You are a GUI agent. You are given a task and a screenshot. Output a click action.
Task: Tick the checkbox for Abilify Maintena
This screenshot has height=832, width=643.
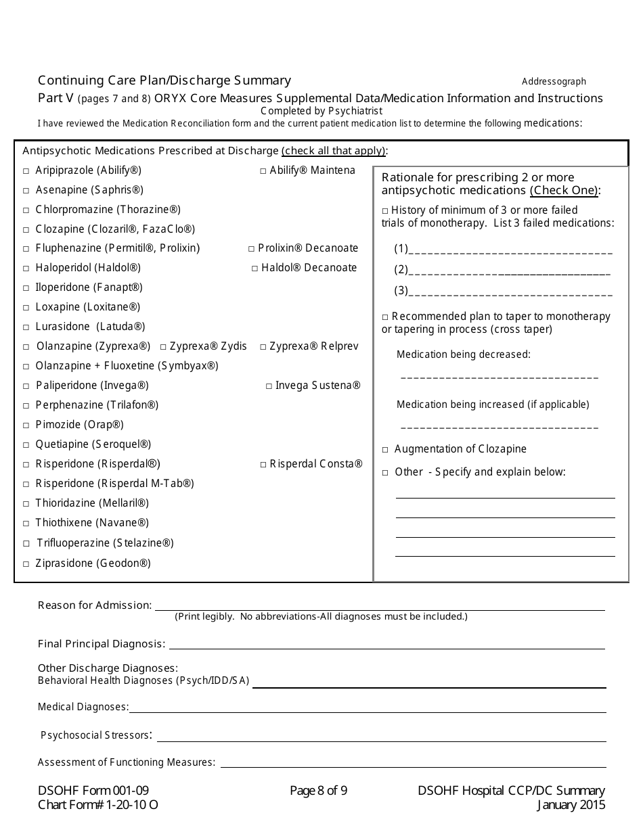[263, 171]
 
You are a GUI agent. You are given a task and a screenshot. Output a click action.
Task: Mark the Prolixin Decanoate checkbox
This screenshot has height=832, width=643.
[251, 249]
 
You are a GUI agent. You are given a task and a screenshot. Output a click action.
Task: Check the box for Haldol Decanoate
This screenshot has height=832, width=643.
[255, 269]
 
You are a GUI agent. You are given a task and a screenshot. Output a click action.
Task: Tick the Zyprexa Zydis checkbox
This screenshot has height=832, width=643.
[163, 347]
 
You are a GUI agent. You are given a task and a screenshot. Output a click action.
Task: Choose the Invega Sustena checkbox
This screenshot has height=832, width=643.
[269, 386]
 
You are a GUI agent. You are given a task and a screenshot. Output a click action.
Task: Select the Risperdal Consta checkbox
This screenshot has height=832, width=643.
[263, 465]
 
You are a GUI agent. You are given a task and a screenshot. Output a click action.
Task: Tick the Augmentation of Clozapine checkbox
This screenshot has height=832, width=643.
[385, 450]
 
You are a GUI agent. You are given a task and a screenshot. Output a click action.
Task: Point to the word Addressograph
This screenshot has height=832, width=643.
[554, 82]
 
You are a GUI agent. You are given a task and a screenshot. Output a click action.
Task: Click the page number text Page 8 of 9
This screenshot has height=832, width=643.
[318, 791]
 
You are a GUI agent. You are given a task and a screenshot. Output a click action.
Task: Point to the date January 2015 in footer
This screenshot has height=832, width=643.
[571, 805]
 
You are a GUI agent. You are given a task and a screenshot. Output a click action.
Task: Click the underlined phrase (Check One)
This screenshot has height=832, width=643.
[564, 190]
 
